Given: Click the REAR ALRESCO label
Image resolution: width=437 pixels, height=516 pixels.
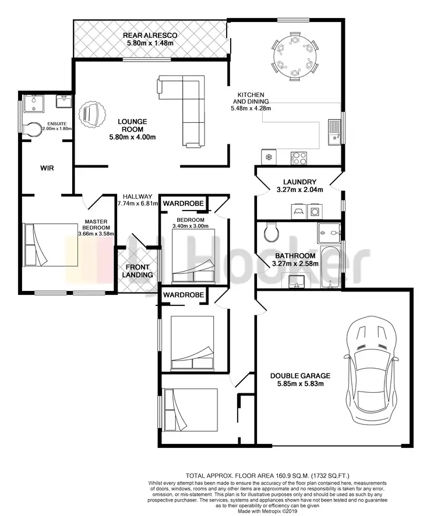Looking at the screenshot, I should point(150,35).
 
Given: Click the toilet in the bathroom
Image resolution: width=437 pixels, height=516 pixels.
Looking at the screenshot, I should point(270,233).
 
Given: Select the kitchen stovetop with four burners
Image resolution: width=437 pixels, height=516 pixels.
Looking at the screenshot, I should point(299,156).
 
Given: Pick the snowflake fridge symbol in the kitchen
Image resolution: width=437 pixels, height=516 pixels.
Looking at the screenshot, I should point(269,157).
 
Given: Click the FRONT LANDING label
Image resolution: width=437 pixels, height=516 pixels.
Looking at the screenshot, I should point(138,271).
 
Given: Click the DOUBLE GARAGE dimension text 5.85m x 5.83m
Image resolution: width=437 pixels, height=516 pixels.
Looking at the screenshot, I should point(300,384).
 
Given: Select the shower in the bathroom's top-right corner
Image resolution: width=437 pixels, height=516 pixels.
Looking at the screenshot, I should point(330,233).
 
